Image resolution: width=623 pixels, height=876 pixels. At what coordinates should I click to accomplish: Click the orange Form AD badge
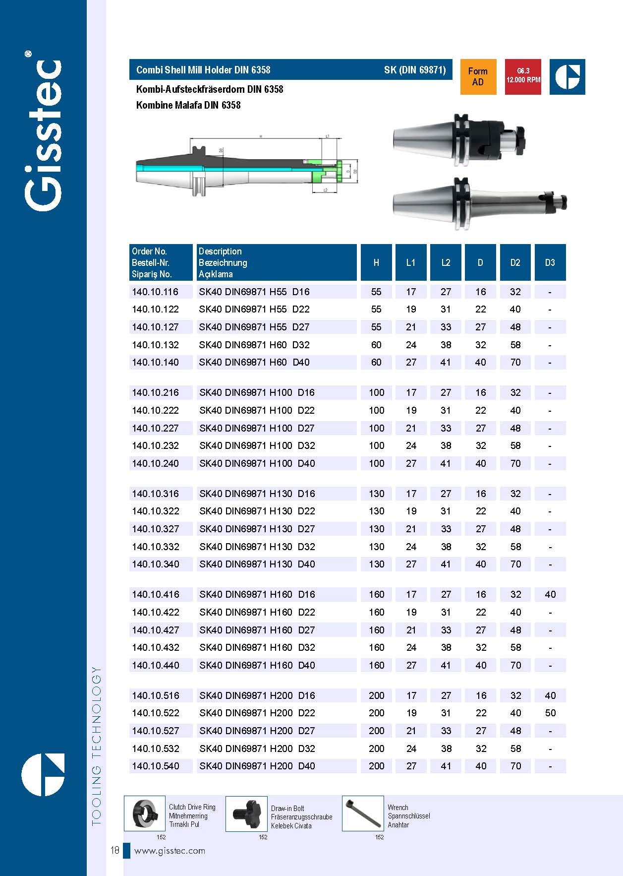(478, 77)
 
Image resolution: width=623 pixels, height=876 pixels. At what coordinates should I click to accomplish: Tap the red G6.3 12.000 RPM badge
(523, 76)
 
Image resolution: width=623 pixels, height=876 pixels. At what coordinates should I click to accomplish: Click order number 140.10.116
(155, 292)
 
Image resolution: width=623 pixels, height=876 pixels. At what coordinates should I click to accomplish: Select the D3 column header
(550, 262)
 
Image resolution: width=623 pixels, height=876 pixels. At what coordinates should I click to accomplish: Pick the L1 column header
(411, 262)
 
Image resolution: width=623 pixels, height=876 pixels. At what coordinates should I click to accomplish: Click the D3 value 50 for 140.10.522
(550, 713)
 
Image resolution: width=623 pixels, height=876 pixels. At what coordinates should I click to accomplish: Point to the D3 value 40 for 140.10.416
(550, 594)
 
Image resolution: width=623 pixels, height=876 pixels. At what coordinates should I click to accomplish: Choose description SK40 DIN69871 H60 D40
(254, 362)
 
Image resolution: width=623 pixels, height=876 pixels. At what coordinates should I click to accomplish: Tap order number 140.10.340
(156, 564)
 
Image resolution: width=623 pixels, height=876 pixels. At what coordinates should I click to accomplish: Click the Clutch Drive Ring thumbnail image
(144, 813)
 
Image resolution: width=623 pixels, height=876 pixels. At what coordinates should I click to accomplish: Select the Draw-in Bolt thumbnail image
(246, 813)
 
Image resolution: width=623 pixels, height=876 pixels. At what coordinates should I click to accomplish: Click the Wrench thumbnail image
(363, 813)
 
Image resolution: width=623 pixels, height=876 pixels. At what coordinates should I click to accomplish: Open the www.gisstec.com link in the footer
(170, 851)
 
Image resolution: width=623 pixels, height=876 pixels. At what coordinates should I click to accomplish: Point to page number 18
(114, 850)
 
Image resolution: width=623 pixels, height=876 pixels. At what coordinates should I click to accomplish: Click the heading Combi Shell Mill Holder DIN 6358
(203, 70)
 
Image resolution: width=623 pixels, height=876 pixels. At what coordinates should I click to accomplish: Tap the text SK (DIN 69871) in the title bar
(415, 70)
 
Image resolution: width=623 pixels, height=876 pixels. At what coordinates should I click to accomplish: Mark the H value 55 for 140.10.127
(376, 327)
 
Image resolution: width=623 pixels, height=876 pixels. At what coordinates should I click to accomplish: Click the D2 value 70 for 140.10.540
(515, 766)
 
